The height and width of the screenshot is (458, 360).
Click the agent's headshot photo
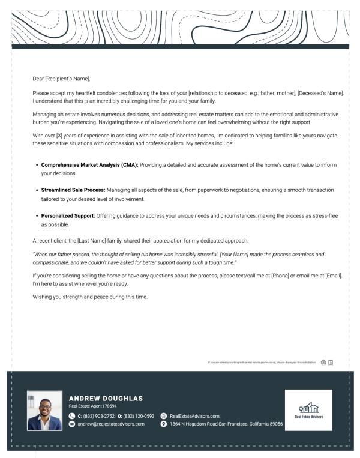pos(44,409)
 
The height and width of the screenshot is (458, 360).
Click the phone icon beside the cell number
pos(73,415)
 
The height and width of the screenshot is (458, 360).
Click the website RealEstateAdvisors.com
pos(194,415)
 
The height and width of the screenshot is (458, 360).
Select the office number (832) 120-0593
pos(136,415)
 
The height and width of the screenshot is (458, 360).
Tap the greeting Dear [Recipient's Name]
pos(61,77)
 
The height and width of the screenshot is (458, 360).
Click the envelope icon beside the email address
pos(73,424)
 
